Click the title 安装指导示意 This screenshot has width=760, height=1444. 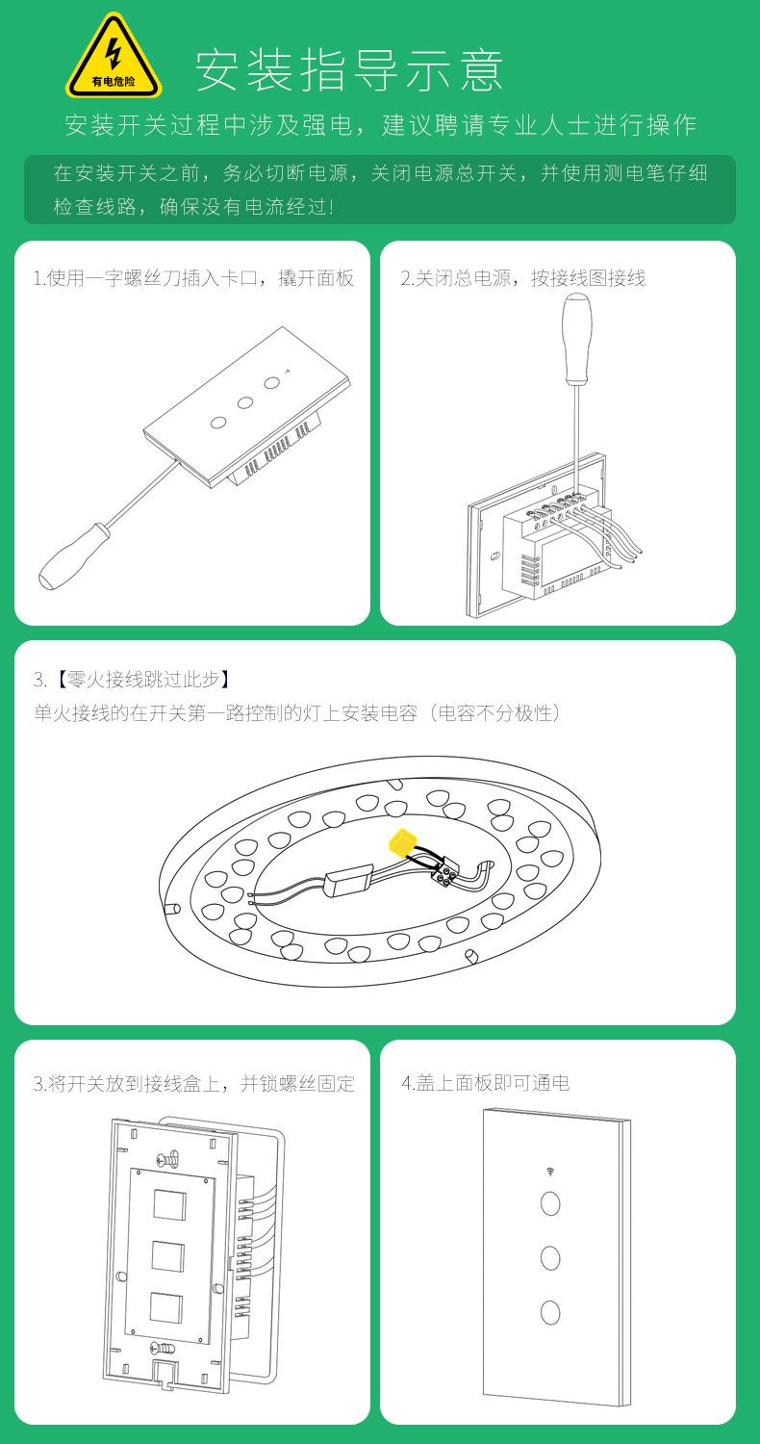(x=349, y=69)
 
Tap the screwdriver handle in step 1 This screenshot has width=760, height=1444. (x=71, y=555)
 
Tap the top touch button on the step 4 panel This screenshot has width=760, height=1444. (x=550, y=1203)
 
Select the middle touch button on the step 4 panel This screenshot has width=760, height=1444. (x=550, y=1257)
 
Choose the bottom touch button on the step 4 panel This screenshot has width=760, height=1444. (x=550, y=1312)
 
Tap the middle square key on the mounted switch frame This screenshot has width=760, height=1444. (x=168, y=1256)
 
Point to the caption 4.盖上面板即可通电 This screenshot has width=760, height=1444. (x=486, y=1083)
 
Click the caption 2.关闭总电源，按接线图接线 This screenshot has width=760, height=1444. (x=523, y=278)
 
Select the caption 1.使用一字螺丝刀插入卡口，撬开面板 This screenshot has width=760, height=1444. (x=194, y=278)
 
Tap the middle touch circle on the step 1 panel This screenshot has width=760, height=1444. (x=244, y=403)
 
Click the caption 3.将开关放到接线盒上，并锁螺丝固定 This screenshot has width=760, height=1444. (x=194, y=1084)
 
